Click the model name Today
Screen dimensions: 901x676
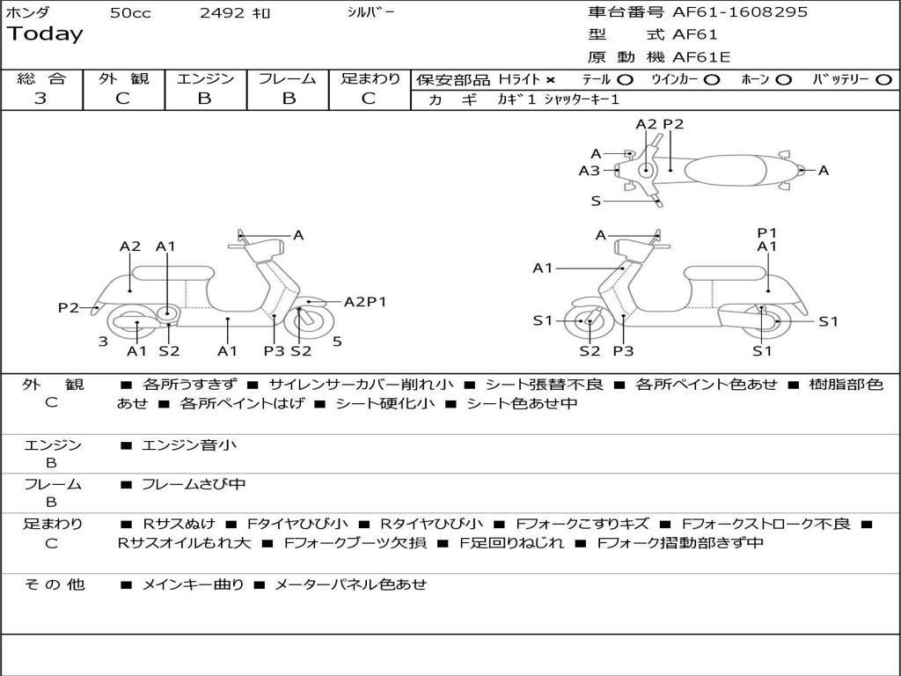(45, 34)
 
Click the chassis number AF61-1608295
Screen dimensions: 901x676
(740, 12)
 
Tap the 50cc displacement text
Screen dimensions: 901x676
(130, 13)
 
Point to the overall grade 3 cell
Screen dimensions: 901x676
(40, 99)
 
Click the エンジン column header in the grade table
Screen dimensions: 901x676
(205, 78)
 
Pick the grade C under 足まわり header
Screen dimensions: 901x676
(369, 99)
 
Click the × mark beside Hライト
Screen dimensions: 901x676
(550, 80)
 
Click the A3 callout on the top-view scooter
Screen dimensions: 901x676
(589, 172)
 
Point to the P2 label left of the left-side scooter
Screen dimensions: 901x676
(69, 307)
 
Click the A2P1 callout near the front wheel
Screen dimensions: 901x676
(365, 302)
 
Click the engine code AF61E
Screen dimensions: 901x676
(701, 57)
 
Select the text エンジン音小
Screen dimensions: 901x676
(188, 445)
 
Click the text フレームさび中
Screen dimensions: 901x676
(193, 484)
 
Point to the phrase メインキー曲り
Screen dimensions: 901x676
(193, 584)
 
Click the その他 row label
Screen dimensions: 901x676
(54, 584)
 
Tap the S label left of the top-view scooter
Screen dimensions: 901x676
(596, 202)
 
